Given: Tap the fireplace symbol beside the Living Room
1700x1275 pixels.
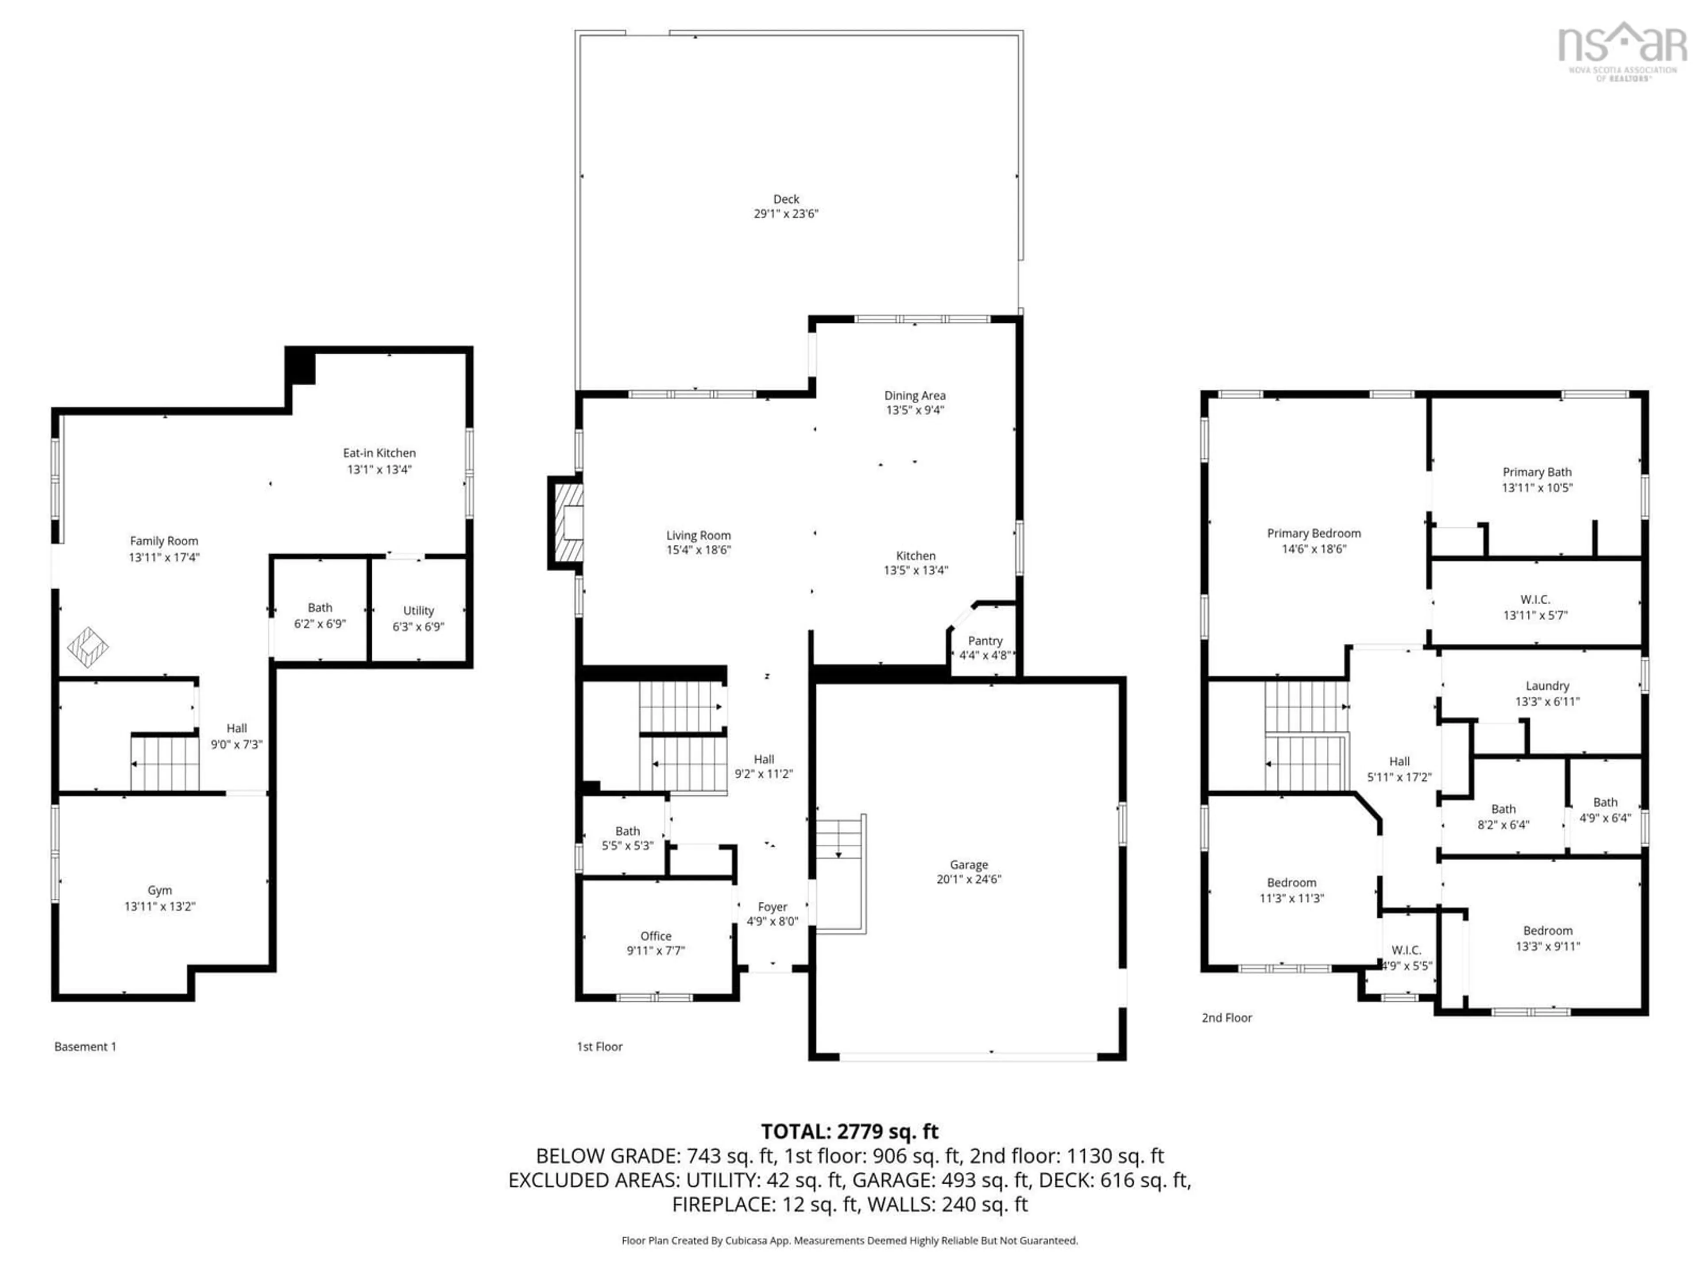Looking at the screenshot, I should pos(566,522).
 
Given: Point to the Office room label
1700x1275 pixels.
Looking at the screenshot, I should pos(656,935).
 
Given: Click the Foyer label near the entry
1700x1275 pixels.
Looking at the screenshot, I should pos(773,907).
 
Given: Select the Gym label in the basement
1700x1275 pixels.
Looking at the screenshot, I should pos(160,890).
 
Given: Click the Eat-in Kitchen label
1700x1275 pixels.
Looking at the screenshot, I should pos(379,452).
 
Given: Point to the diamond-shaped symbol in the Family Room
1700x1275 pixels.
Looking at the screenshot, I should pos(88,647).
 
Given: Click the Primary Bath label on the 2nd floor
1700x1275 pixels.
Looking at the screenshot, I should pos(1537,472).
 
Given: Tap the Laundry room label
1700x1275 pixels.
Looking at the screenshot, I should pos(1547,685).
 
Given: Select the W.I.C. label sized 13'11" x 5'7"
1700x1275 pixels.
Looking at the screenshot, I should pos(1535,599).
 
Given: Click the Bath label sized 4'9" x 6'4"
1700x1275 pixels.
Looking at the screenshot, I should pos(1605,802).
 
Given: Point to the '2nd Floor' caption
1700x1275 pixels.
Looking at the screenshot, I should pos(1227,1017).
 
